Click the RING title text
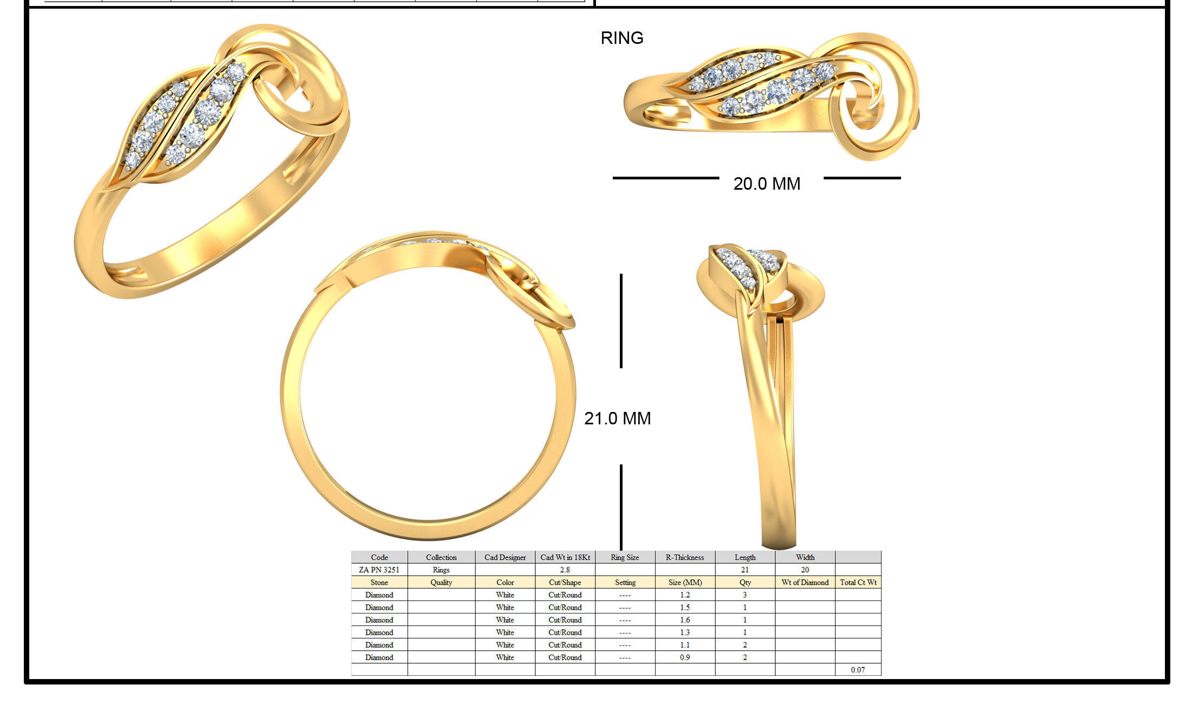tap(622, 38)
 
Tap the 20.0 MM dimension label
tap(767, 184)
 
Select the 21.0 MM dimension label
tap(617, 418)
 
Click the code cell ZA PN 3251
tap(379, 570)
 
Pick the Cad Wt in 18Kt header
tap(565, 557)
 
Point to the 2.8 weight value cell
tap(565, 570)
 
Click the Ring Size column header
tap(625, 557)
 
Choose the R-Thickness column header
tap(685, 557)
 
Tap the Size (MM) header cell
tap(685, 582)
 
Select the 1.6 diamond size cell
tap(685, 619)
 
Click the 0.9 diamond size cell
tap(685, 657)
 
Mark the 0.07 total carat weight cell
tap(858, 669)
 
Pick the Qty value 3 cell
tap(745, 595)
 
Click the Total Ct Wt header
tap(858, 582)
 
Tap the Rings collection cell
tap(441, 570)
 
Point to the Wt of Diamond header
tap(805, 582)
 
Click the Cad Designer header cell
tap(505, 557)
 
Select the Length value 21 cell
tap(745, 570)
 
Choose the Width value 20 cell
tap(805, 570)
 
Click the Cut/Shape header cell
tap(565, 582)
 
